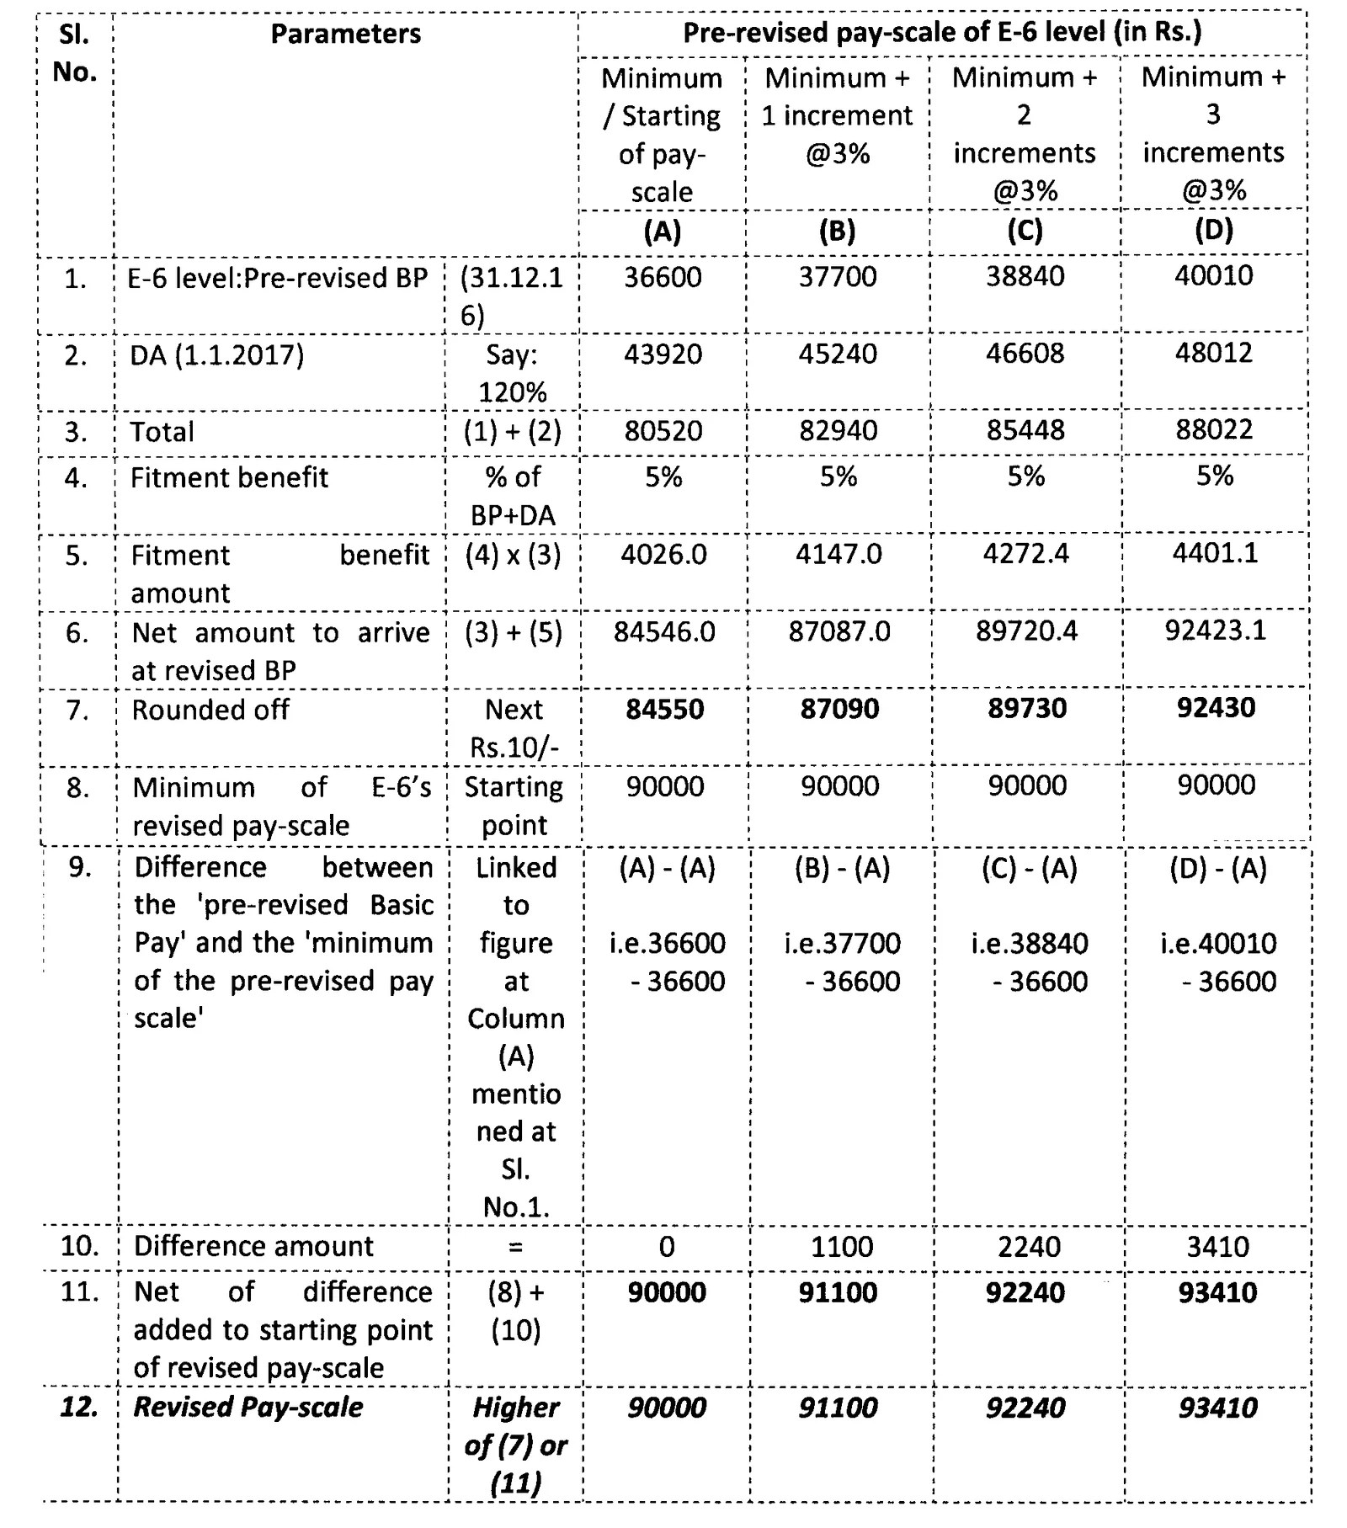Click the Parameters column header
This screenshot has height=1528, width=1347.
pos(345,34)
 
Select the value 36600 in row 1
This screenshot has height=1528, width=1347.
pos(662,277)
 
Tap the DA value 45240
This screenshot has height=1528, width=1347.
pos(837,354)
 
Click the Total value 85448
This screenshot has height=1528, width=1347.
pos(1025,430)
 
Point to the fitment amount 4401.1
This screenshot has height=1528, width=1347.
pos(1214,553)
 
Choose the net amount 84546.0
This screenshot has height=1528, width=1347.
pos(663,631)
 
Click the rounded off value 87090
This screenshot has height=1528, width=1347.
pos(839,709)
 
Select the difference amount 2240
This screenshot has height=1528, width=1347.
pos(1028,1247)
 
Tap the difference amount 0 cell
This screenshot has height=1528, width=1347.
pos(666,1247)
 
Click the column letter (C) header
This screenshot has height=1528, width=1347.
pos(1025,231)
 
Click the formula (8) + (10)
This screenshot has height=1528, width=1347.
pos(515,1311)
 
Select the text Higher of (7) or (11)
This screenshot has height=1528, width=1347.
pos(515,1445)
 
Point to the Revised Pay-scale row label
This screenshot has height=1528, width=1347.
pos(248,1408)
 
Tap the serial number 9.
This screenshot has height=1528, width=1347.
pos(79,867)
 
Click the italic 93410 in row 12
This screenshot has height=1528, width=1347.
pos(1217,1408)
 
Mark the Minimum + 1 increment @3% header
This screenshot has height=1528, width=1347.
pos(837,115)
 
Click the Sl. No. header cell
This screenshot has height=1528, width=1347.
pos(74,53)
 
